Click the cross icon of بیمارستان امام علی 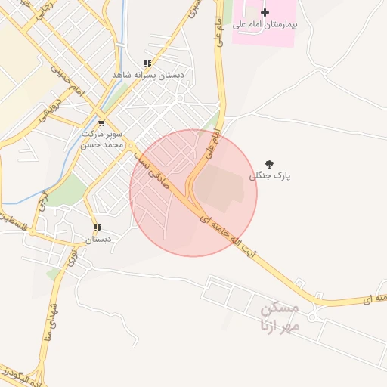tap(265, 12)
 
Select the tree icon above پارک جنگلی tap(270, 163)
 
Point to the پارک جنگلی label tap(270, 175)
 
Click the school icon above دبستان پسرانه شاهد tap(148, 64)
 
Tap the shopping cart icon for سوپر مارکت tap(102, 122)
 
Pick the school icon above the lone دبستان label tap(98, 228)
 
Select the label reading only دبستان tap(98, 239)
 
